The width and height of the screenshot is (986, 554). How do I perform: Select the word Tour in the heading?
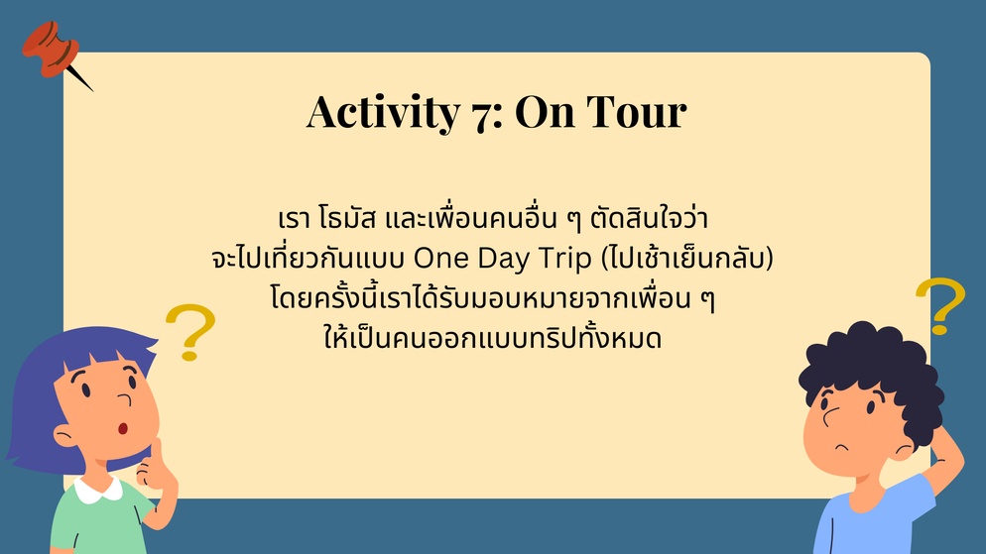click(637, 112)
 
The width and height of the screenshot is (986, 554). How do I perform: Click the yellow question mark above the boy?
click(940, 305)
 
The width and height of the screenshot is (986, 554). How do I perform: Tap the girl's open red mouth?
click(123, 428)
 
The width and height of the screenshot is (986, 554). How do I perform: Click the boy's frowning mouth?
click(842, 447)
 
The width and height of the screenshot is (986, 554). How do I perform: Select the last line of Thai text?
click(492, 337)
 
